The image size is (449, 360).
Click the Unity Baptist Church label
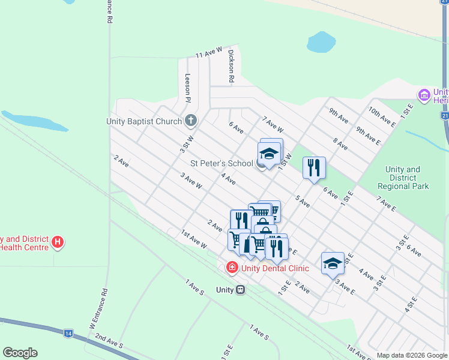click(x=144, y=121)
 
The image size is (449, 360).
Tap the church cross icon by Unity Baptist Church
click(x=191, y=121)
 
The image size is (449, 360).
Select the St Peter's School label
click(x=222, y=163)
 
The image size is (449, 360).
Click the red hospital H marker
click(x=58, y=242)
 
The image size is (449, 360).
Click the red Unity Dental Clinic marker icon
click(x=232, y=268)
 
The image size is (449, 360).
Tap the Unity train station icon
click(x=240, y=290)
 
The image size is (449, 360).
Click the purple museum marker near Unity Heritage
click(x=424, y=95)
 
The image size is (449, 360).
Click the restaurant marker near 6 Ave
click(x=314, y=167)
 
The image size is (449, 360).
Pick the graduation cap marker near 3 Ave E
click(x=333, y=263)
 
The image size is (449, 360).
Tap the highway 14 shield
click(x=68, y=333)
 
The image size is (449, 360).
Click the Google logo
click(x=20, y=353)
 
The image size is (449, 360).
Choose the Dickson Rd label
click(x=231, y=66)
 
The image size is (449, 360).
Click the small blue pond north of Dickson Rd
click(x=321, y=42)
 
